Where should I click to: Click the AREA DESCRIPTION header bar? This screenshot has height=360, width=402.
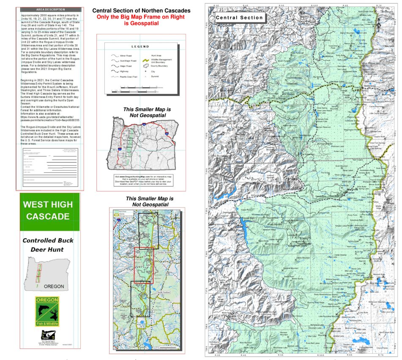[50, 9]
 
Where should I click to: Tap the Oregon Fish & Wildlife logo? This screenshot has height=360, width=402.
[47, 311]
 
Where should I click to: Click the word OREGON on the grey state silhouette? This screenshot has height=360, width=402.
[54, 286]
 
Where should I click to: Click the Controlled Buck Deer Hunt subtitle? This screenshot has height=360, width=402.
[48, 245]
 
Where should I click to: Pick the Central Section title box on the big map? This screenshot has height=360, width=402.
[239, 18]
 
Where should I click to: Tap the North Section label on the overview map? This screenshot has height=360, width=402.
[166, 231]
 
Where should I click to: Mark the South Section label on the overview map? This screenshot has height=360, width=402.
[163, 292]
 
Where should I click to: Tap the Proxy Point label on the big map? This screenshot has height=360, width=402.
[352, 215]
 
